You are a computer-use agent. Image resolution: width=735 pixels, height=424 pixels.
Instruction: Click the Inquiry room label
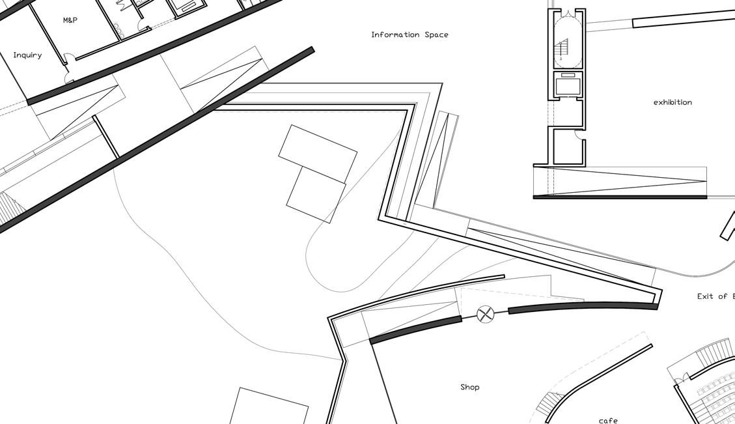coord(27,55)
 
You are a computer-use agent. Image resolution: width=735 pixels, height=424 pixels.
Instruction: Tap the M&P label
coord(70,20)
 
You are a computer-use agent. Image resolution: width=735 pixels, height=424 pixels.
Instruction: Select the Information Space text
coord(409,35)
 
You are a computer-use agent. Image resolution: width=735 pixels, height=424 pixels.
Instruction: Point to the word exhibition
coord(673,102)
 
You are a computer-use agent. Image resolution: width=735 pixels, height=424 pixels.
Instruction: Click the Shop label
coord(469,387)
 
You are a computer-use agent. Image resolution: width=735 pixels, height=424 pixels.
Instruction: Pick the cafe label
coord(608,420)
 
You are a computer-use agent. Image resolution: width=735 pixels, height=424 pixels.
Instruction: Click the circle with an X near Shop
coord(485,315)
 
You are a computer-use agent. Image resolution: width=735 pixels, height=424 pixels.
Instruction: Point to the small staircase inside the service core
coord(563,48)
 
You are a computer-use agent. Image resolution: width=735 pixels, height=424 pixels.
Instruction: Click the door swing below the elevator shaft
coord(579,135)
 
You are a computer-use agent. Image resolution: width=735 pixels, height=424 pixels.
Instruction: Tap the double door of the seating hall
coord(681,380)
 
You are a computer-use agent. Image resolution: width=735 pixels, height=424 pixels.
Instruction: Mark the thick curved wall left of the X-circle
coord(415,329)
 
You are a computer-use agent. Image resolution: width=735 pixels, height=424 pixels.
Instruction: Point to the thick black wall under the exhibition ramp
coord(619,197)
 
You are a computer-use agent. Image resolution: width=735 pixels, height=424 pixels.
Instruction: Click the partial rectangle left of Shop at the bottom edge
coord(268,406)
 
